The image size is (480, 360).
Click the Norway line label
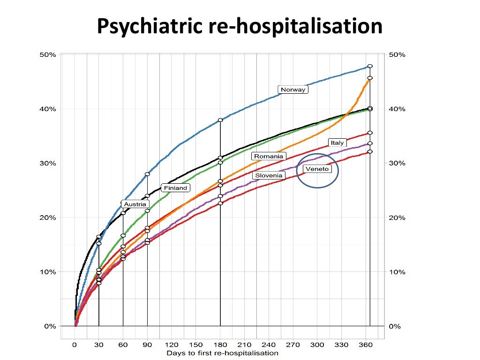[292, 90]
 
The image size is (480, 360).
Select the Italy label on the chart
[337, 142]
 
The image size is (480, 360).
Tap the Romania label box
[268, 156]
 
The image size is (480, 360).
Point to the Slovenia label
[268, 175]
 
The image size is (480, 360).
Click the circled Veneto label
[317, 169]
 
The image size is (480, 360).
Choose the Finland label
[175, 188]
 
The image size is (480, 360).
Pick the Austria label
[135, 204]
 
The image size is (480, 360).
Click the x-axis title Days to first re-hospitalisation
[222, 353]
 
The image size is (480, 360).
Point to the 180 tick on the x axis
[220, 345]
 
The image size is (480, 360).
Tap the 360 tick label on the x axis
[366, 345]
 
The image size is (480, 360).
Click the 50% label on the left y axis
[47, 55]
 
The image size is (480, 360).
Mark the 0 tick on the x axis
[75, 345]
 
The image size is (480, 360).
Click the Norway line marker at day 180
[220, 120]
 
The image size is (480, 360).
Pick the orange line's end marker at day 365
[370, 78]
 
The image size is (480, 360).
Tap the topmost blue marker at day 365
[370, 66]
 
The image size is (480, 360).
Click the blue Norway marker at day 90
[147, 174]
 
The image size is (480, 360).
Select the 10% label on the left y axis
[47, 272]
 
